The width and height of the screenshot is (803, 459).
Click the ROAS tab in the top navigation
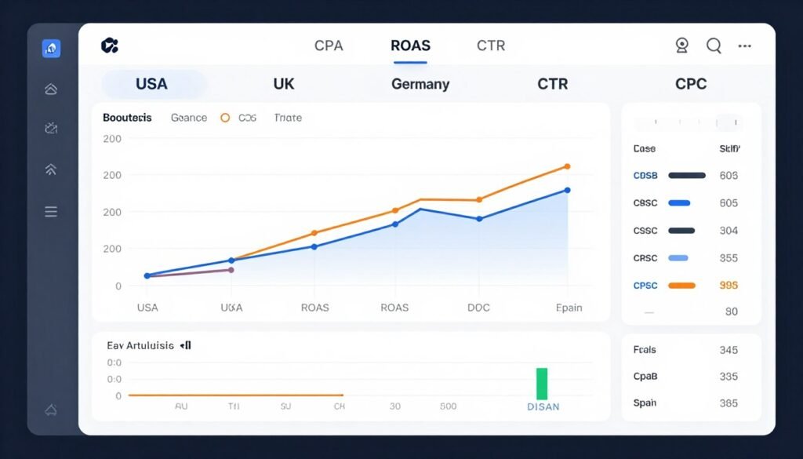pos(410,46)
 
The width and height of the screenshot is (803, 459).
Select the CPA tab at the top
pos(329,46)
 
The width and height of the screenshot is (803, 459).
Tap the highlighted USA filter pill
pos(152,84)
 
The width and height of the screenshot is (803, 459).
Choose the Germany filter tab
pos(420,84)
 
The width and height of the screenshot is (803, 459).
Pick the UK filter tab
pos(284,84)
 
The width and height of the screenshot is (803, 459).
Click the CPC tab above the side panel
pos(691,84)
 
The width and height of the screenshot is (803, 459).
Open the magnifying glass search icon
pos(714,46)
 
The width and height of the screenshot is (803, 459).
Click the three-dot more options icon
pos(745,46)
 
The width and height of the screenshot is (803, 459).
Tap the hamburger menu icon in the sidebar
pos(51,211)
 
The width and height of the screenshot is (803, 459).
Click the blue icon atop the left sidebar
pos(51,49)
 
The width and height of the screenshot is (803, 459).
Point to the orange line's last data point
pos(567,166)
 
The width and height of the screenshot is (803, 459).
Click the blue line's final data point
pos(567,190)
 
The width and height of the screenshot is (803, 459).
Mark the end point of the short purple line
pos(231,270)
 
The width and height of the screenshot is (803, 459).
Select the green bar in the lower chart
pos(541,384)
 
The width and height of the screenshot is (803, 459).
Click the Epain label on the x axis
pos(569,308)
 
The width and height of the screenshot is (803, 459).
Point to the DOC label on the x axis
pos(478,308)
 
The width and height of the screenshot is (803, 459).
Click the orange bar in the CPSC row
pos(681,286)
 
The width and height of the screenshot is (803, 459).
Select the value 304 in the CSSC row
pos(729,231)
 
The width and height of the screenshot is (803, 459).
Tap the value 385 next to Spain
pos(729,403)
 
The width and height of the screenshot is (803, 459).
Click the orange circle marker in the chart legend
pos(225,118)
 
